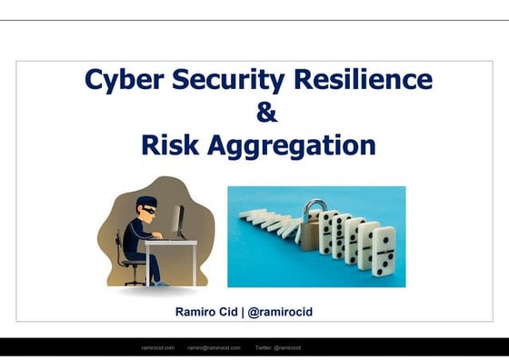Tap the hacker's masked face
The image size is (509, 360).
pyautogui.click(x=148, y=205)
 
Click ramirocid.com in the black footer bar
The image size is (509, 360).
pyautogui.click(x=160, y=347)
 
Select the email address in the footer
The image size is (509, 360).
pyautogui.click(x=215, y=347)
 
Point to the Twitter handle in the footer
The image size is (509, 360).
pyautogui.click(x=278, y=347)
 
